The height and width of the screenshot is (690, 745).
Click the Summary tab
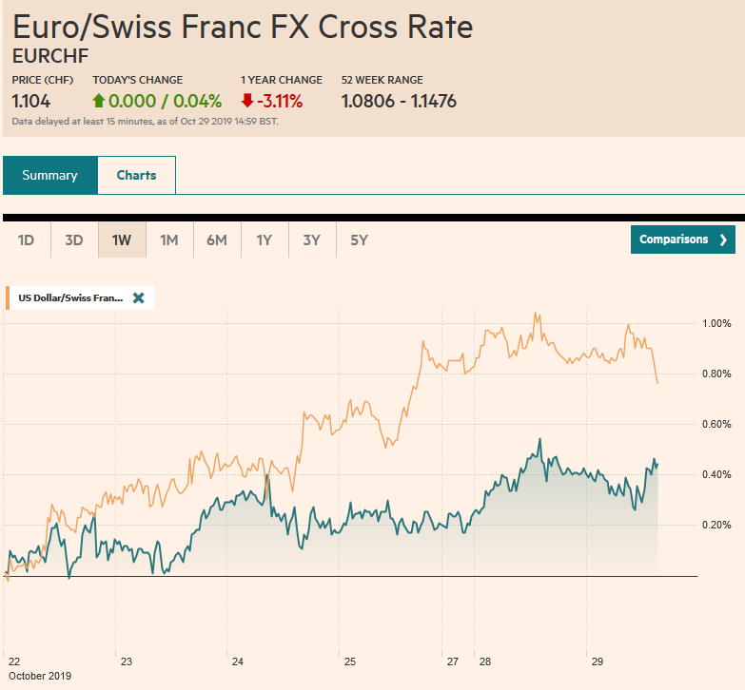pos(49,175)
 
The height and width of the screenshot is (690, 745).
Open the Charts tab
pos(136,175)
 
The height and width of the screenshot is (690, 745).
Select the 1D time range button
pos(27,240)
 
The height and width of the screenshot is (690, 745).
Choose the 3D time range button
pos(74,240)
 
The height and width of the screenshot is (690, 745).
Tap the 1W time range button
pos(122,240)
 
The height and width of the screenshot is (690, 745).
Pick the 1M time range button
pos(169,240)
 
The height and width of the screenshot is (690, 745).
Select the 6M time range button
pos(217,240)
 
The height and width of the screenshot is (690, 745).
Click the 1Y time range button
pos(265,240)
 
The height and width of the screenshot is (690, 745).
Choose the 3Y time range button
pos(312,240)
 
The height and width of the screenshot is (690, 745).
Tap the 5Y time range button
pos(359,240)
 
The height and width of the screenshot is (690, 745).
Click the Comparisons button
pos(682,240)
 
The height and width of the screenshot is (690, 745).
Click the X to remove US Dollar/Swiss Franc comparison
pos(139,297)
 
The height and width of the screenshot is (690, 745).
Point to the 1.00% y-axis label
pos(716,323)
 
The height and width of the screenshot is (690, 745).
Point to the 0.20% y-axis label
pos(716,525)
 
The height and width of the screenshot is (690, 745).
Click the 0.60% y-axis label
pos(716,424)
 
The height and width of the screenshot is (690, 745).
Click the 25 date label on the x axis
pos(350,661)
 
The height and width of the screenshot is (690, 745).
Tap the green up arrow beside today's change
pos(99,101)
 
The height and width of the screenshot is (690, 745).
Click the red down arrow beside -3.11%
pos(247,101)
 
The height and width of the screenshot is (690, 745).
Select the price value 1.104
pos(31,101)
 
